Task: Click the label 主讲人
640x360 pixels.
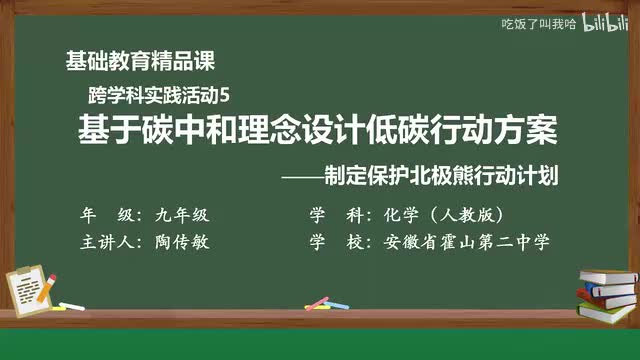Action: point(109,242)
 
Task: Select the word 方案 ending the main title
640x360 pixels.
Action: point(527,131)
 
